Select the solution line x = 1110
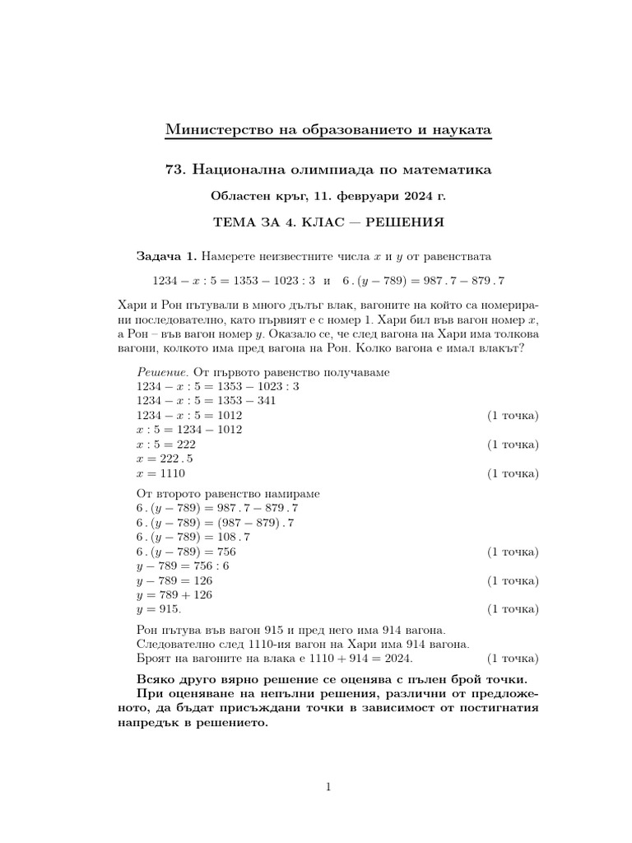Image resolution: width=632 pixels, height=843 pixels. point(161,474)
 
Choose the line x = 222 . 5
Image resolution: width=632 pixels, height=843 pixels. point(165,459)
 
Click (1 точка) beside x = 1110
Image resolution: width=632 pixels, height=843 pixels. point(513,474)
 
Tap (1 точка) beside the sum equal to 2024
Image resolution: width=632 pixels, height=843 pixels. point(513,659)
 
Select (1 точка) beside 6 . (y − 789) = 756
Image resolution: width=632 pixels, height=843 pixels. point(513,552)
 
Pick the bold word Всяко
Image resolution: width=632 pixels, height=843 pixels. point(155,679)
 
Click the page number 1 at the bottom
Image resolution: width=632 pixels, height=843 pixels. point(328,787)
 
